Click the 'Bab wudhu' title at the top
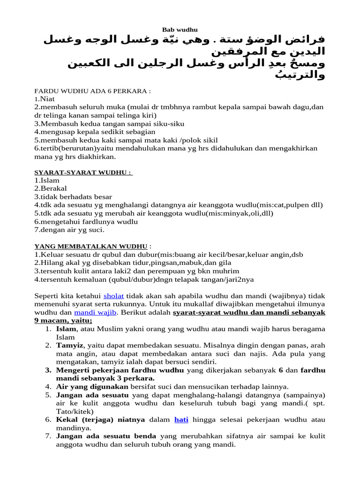[x=180, y=30]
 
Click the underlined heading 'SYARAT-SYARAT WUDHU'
[x=83, y=172]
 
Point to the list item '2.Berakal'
[x=51, y=188]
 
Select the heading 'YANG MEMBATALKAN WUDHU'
[x=92, y=246]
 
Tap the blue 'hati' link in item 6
[x=181, y=419]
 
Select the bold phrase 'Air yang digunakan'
[x=92, y=386]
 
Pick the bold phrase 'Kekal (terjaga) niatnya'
[x=100, y=419]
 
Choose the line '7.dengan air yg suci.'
[x=69, y=230]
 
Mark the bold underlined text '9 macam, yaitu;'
[x=63, y=321]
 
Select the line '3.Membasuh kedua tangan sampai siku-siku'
[x=109, y=124]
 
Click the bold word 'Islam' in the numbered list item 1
[x=66, y=329]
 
